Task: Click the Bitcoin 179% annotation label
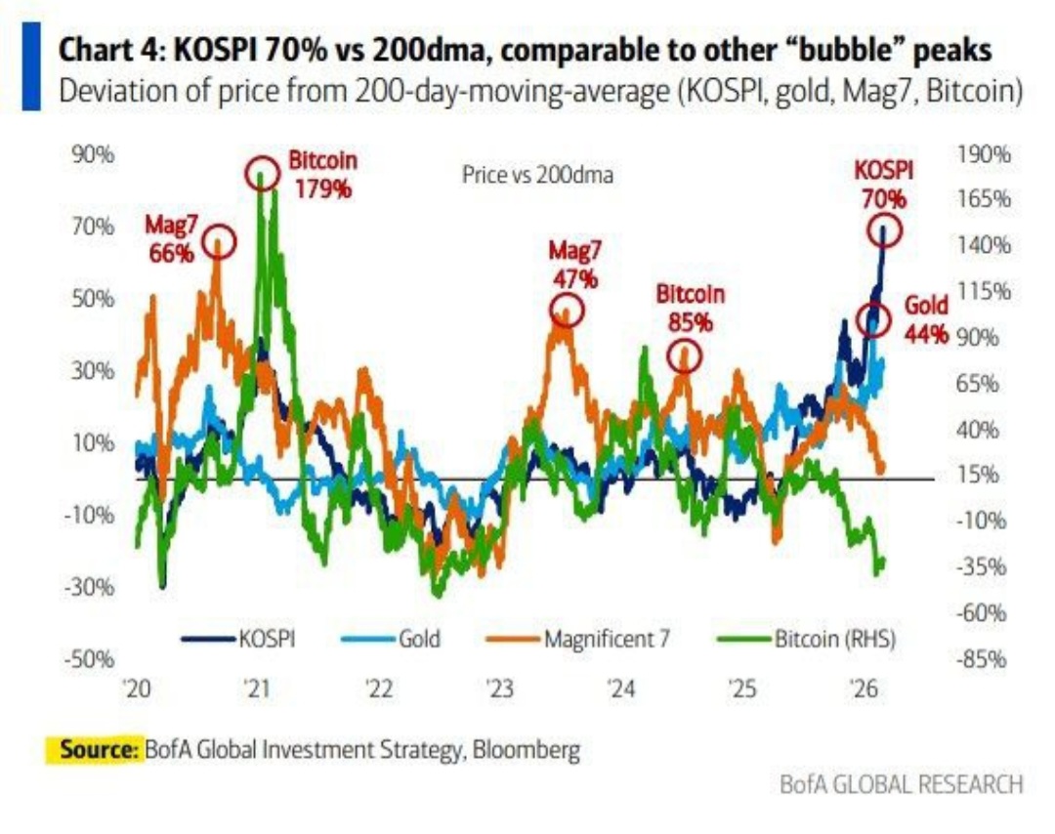(322, 174)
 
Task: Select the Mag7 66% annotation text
(172, 238)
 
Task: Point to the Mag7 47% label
(575, 264)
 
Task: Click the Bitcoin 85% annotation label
(691, 307)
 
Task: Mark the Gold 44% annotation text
(927, 318)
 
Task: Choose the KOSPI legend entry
(238, 640)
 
